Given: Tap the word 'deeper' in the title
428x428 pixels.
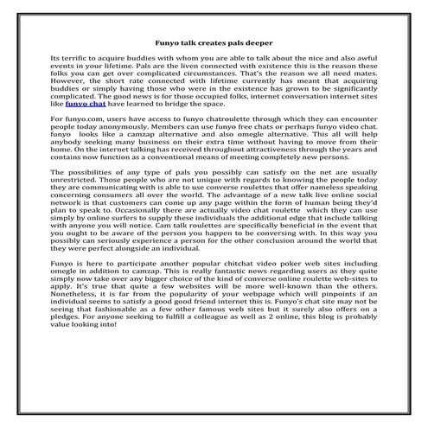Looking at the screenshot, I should point(259,41).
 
